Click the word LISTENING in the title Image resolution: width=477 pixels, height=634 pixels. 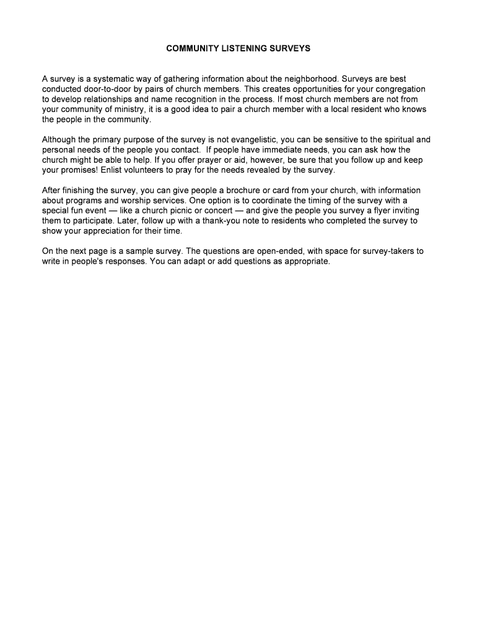pos(239,48)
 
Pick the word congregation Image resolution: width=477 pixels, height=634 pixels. pos(398,89)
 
